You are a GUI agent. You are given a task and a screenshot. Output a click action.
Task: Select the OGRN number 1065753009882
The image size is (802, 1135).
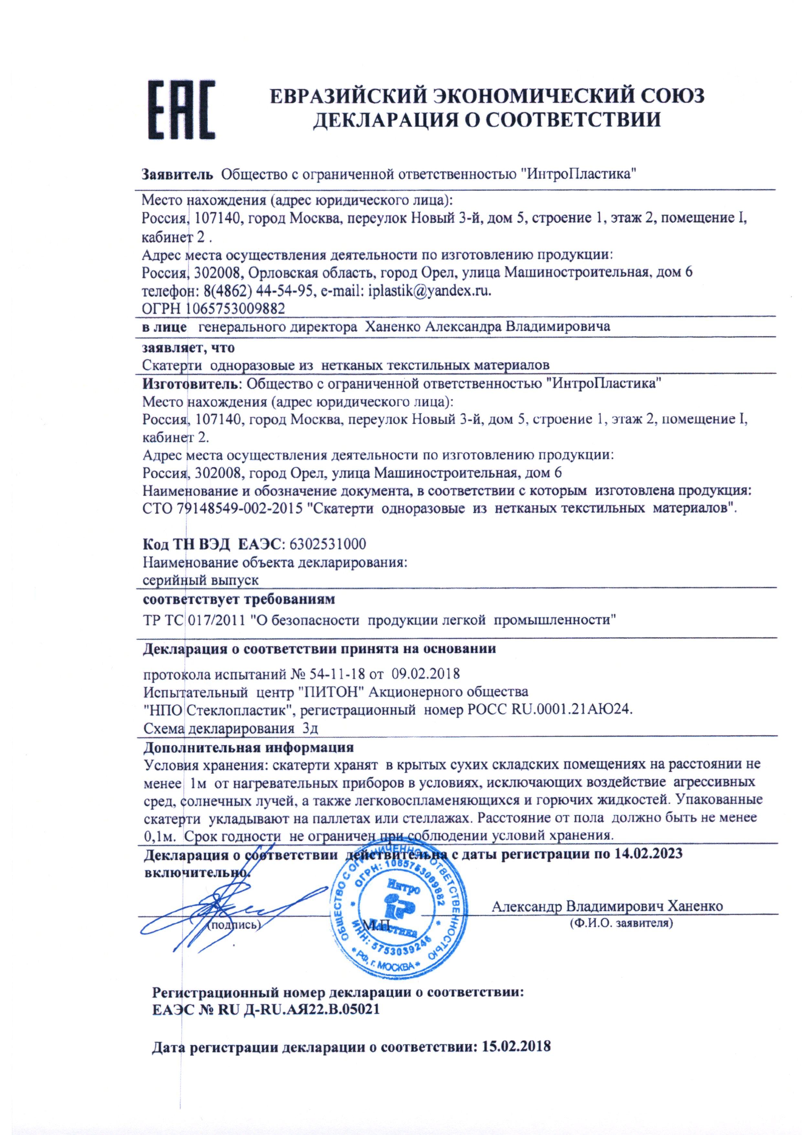235,309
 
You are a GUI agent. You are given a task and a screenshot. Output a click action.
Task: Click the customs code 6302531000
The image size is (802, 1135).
328,544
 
